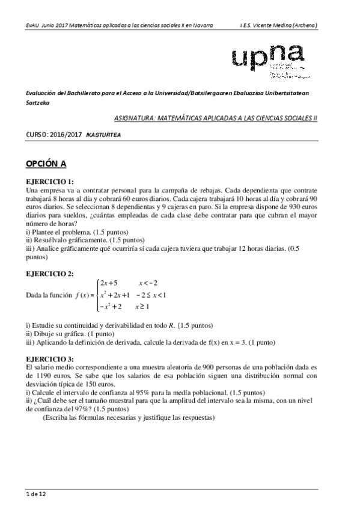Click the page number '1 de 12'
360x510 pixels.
35,494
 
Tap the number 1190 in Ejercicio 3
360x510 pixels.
47,374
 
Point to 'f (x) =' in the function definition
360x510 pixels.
81,295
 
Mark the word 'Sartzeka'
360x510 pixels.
38,103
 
